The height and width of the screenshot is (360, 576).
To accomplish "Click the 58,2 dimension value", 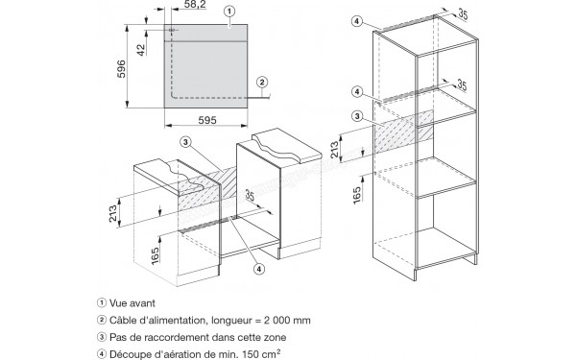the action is (x=195, y=5).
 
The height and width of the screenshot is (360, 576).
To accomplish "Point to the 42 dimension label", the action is (x=141, y=50).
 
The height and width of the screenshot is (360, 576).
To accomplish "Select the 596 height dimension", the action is (x=121, y=69).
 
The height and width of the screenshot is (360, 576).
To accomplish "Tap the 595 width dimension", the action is (x=207, y=120).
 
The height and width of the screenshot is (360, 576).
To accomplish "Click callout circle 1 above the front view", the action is (x=229, y=12).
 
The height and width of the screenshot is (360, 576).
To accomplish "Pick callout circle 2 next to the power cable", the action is (x=262, y=82).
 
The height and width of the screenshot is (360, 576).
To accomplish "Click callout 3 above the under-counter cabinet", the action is (x=186, y=142).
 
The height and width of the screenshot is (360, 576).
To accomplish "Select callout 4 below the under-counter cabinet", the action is (x=259, y=269).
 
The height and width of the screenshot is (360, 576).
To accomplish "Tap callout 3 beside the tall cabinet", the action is (x=357, y=116).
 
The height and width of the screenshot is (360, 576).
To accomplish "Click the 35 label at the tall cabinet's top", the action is (x=463, y=14).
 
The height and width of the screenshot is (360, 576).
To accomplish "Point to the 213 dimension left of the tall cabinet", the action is (x=335, y=150).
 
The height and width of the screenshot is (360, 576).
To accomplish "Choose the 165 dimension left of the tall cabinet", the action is (x=357, y=195).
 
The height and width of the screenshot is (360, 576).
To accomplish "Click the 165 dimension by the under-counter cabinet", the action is (x=155, y=255).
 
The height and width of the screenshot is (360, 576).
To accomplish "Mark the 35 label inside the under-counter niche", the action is (x=250, y=195).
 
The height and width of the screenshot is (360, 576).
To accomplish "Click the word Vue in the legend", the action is (x=118, y=303).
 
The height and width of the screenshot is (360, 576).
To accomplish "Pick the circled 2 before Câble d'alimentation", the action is (x=102, y=320).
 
